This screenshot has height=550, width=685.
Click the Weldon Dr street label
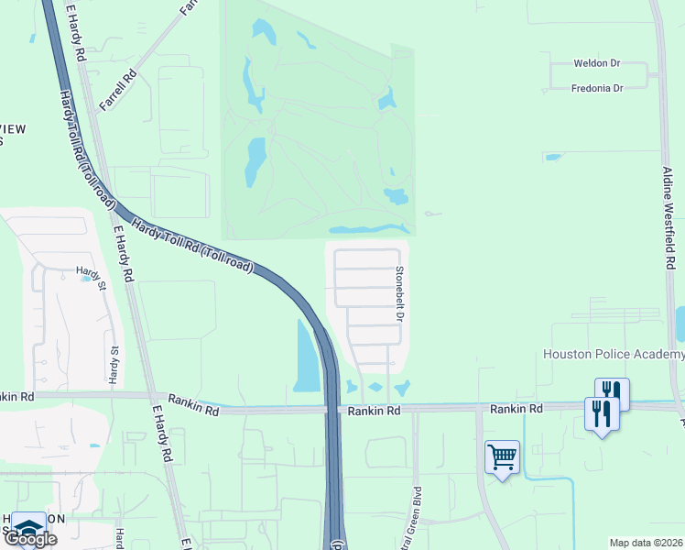tap(596, 63)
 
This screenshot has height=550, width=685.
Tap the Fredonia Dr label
tap(596, 88)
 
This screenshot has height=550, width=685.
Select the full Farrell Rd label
tap(118, 90)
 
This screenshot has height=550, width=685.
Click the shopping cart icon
tap(502, 456)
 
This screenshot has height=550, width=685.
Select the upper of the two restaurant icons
tap(612, 393)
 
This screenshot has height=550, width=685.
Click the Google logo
tap(30, 539)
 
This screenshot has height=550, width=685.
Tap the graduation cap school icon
tap(29, 526)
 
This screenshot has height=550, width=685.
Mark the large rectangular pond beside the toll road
tap(306, 356)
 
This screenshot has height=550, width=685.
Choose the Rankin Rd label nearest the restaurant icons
tap(516, 408)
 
